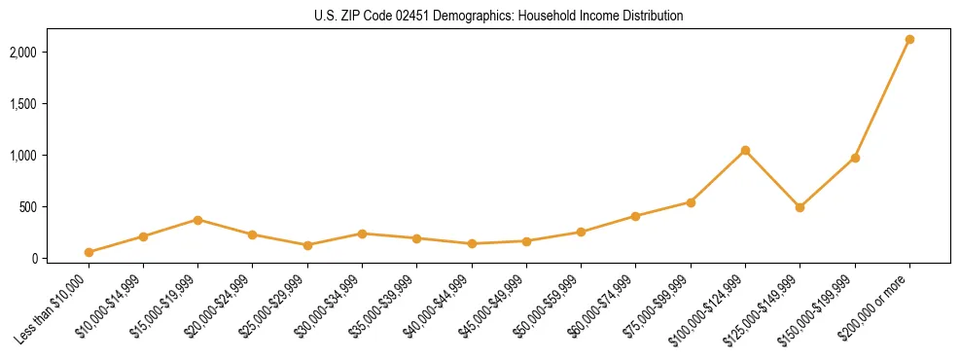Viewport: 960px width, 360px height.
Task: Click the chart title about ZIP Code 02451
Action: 480,16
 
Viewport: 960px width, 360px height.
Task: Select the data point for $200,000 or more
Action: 909,40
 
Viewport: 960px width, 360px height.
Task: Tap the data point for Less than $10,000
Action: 89,252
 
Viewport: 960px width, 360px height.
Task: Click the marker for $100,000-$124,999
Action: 745,151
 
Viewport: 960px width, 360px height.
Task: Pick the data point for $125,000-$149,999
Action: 800,207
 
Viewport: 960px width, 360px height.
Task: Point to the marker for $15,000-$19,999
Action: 197,220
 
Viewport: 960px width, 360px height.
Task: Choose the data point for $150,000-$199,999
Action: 855,158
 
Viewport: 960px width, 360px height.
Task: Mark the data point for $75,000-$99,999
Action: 691,202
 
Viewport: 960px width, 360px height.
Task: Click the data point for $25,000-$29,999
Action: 307,245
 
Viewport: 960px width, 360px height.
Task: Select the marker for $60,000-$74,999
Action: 636,216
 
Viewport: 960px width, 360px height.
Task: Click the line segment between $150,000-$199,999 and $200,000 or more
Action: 882,99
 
